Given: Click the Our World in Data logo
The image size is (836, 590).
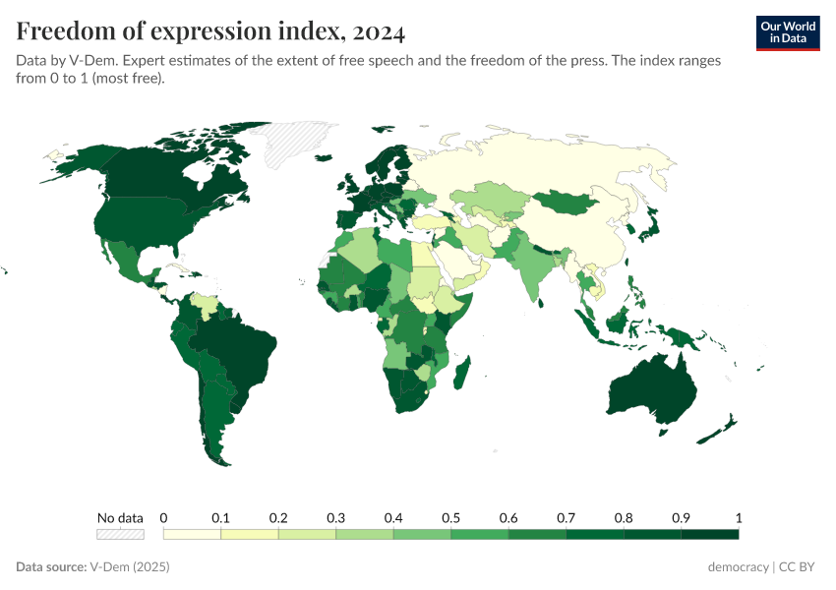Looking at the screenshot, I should click(x=787, y=32).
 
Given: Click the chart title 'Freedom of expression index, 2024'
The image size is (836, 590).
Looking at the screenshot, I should click(x=210, y=31).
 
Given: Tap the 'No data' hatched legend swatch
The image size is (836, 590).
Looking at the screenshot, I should click(x=120, y=534).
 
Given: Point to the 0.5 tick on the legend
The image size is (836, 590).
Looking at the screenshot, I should click(x=450, y=518).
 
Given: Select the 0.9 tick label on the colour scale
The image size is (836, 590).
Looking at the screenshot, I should click(x=681, y=518).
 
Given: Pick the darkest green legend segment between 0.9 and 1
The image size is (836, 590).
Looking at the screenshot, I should click(x=709, y=534).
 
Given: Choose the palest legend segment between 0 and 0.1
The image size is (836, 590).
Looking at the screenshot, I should click(x=192, y=534).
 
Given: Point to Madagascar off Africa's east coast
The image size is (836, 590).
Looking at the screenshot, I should click(x=463, y=376).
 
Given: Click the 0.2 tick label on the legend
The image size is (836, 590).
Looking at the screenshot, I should click(x=278, y=518).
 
